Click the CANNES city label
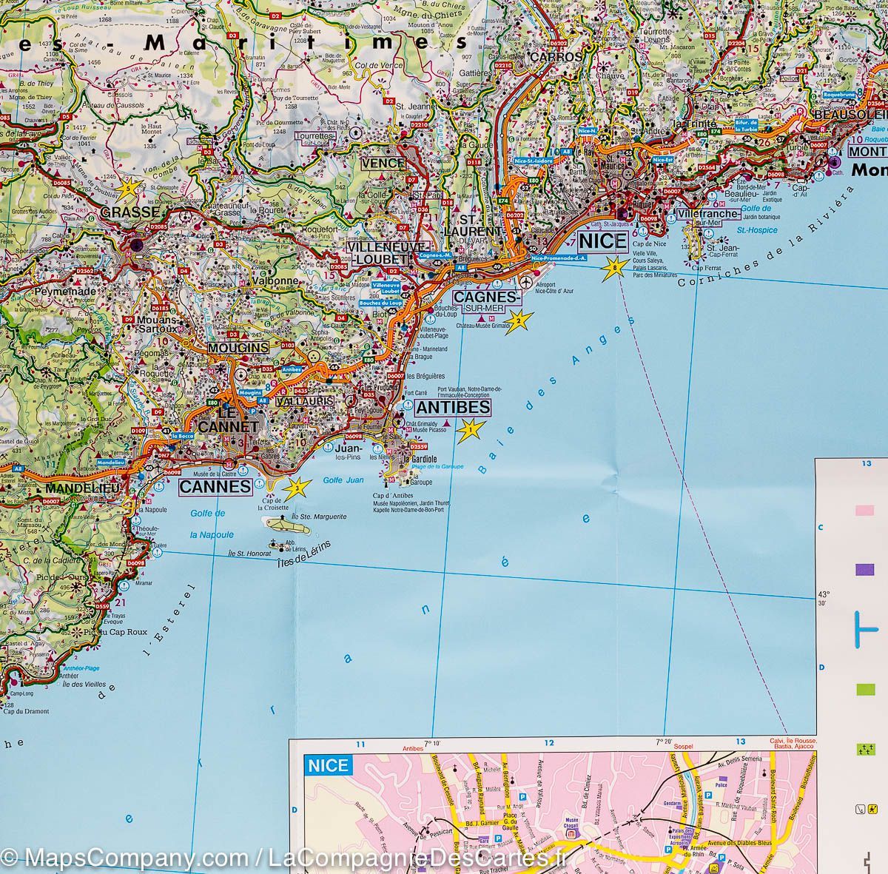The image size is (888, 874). pyautogui.click(x=215, y=486)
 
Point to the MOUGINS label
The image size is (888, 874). pyautogui.click(x=238, y=347)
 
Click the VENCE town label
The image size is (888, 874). pyautogui.click(x=383, y=164)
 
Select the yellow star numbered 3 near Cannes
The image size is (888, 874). pyautogui.click(x=297, y=486)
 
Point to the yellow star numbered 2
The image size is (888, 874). pyautogui.click(x=519, y=320)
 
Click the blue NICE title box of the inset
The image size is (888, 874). pyautogui.click(x=328, y=764)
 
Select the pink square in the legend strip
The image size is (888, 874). pyautogui.click(x=864, y=511)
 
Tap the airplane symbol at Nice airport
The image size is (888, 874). pyautogui.click(x=526, y=282)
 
